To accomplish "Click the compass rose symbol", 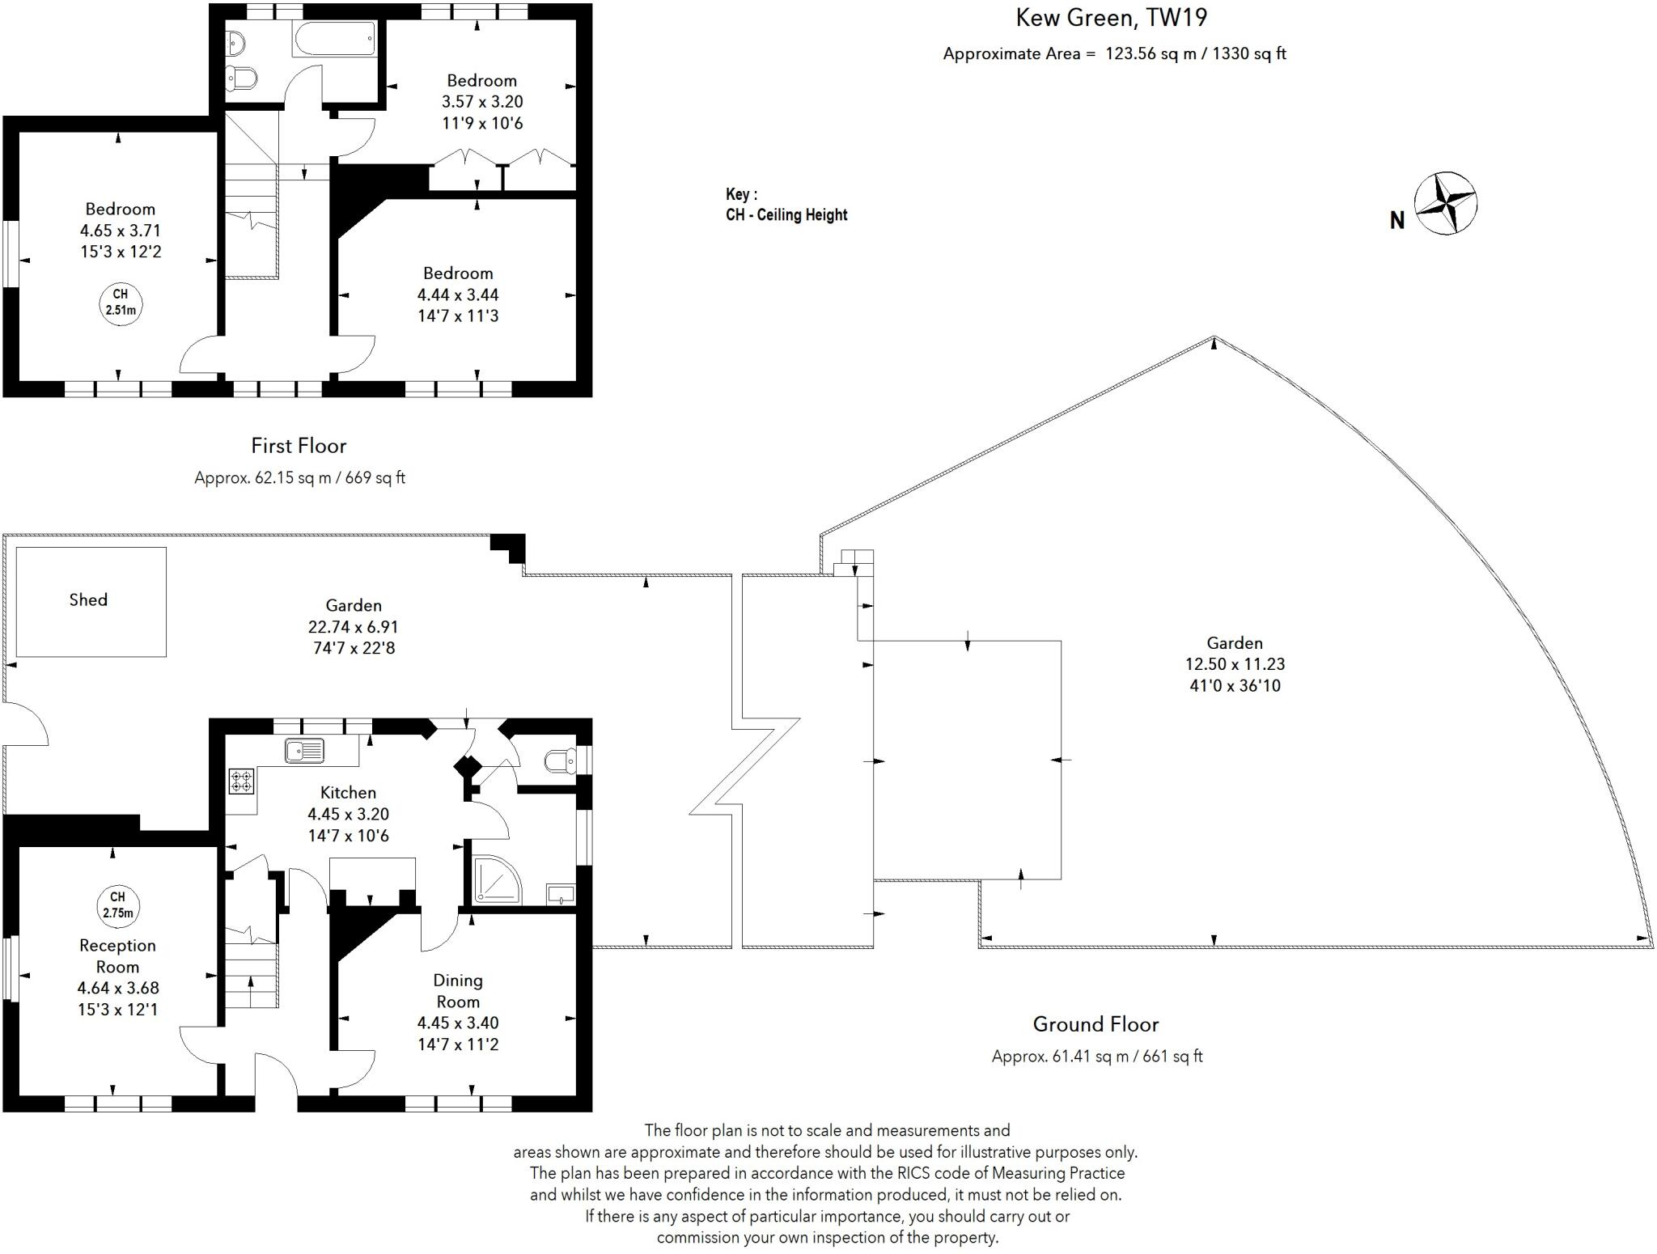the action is pyautogui.click(x=1445, y=203).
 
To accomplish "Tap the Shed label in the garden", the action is pyautogui.click(x=88, y=599).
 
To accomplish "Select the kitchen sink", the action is pyautogui.click(x=304, y=751).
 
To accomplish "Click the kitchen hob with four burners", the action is pyautogui.click(x=241, y=781).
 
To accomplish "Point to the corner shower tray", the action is pyautogui.click(x=497, y=880).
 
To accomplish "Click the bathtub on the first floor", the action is pyautogui.click(x=334, y=37).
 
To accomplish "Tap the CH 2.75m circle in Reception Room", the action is pyautogui.click(x=117, y=904).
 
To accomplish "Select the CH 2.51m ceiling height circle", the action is pyautogui.click(x=120, y=302).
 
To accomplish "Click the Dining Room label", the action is pyautogui.click(x=458, y=990).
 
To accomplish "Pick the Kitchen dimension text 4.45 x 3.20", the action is pyautogui.click(x=348, y=814).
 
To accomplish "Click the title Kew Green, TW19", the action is pyautogui.click(x=1111, y=17).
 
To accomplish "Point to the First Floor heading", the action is pyautogui.click(x=299, y=446).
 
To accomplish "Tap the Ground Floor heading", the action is pyautogui.click(x=1095, y=1024).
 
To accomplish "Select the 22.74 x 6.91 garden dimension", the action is pyautogui.click(x=353, y=626).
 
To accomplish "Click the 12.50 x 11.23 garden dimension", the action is pyautogui.click(x=1235, y=664).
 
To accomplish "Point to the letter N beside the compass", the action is pyautogui.click(x=1396, y=220).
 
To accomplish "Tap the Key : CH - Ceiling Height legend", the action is pyautogui.click(x=786, y=205).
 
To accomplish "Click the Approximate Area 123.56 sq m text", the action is pyautogui.click(x=1114, y=53).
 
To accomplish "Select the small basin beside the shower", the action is pyautogui.click(x=561, y=894).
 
